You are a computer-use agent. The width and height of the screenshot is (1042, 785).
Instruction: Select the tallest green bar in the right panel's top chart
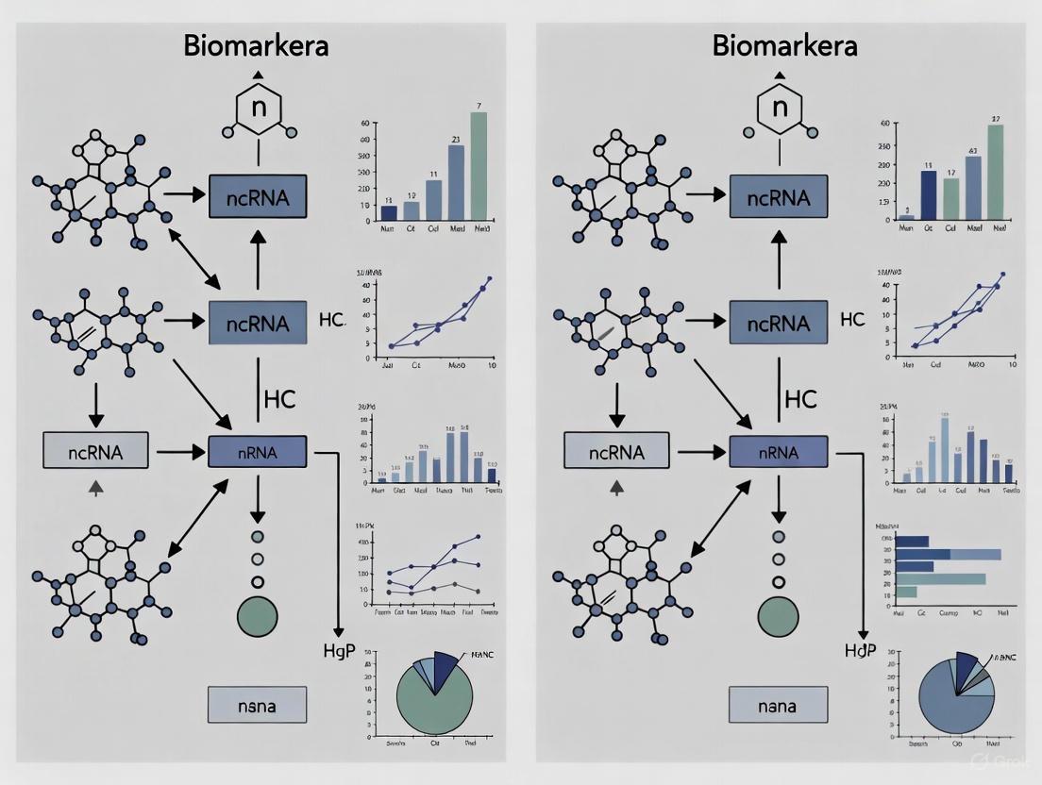(x=996, y=172)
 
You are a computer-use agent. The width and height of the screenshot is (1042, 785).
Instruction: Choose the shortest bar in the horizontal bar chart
(x=906, y=592)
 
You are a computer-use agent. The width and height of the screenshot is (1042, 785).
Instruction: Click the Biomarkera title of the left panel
(x=257, y=45)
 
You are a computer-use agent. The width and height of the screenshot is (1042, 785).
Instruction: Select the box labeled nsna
(x=257, y=705)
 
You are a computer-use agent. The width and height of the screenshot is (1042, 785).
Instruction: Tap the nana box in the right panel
(x=778, y=705)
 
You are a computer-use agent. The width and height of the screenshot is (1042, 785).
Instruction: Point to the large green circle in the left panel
(x=258, y=616)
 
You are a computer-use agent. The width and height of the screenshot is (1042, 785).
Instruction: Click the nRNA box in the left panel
(x=258, y=452)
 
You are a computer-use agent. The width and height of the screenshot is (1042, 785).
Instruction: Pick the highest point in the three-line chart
(x=479, y=536)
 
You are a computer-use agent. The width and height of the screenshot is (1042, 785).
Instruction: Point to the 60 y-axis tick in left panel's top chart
(x=363, y=124)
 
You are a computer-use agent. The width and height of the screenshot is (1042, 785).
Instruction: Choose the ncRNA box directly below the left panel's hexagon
(x=258, y=197)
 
